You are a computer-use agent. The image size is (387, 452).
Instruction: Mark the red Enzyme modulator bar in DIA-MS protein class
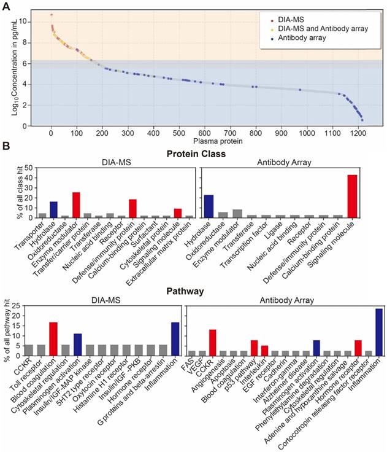point(76,205)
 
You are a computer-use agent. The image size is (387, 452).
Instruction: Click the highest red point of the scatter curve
point(52,15)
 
